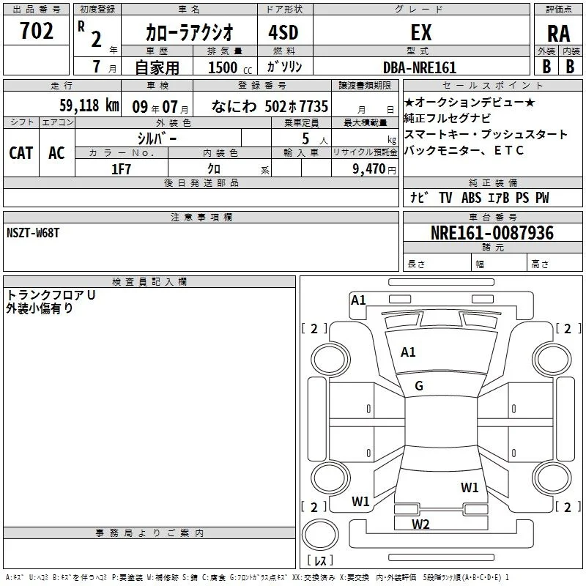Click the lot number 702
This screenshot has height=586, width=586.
point(36,31)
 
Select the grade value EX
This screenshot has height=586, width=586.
point(421,32)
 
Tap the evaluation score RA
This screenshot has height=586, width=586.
point(559,34)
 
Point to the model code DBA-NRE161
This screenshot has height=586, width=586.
point(420,67)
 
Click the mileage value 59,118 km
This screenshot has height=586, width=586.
point(89,105)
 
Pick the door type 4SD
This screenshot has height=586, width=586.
point(283,32)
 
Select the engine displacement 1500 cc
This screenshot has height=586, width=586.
point(230,67)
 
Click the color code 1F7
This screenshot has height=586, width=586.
point(121,169)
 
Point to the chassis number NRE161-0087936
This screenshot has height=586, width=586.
point(492,233)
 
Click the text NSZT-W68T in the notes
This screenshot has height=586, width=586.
point(33,233)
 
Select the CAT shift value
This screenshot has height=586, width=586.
point(21,153)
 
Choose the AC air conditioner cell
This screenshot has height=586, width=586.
point(56,153)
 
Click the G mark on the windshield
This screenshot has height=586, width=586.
point(419,386)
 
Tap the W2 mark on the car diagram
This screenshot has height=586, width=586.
point(420,524)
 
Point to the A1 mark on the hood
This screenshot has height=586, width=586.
point(408,352)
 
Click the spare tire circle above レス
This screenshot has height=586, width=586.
point(320,535)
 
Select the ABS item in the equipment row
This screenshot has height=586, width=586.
point(471,198)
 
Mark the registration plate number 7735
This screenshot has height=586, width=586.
point(314,106)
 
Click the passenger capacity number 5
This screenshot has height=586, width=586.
point(305,138)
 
